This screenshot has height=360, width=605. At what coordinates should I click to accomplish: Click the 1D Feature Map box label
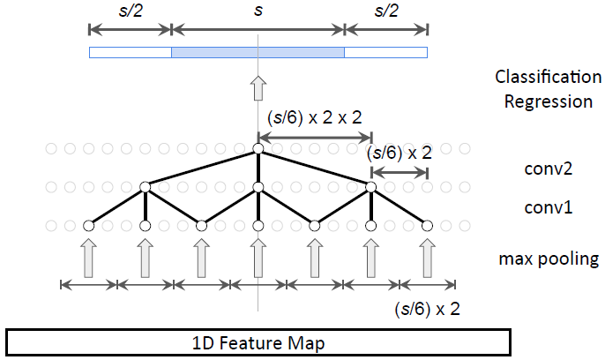258,342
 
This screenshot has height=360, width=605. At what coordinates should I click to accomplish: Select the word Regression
548,101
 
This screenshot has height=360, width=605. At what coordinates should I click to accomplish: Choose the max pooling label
549,259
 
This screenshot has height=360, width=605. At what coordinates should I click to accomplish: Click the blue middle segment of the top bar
258,53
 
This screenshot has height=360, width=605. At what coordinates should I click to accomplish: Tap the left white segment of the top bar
130,53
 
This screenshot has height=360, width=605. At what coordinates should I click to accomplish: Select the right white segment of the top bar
385,53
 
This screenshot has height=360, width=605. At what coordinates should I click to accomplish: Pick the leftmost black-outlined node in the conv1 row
145,187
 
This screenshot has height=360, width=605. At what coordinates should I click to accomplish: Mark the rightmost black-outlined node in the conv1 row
370,187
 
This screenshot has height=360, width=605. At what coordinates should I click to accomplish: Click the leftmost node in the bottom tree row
88,226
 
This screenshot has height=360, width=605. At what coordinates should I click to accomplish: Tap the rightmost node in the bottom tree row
428,226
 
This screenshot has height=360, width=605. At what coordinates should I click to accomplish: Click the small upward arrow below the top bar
258,88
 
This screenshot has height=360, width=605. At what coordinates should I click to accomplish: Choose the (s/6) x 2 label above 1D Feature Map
426,309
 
